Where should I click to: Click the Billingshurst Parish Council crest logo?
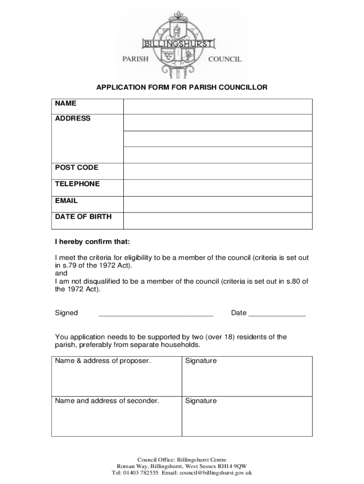pyautogui.click(x=181, y=45)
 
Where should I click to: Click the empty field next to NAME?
pyautogui.click(x=217, y=106)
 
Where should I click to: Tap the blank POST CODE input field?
pyautogui.click(x=217, y=171)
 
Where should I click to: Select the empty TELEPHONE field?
pyautogui.click(x=217, y=188)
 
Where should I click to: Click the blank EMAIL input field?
pyautogui.click(x=217, y=204)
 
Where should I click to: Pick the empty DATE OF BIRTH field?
pyautogui.click(x=217, y=221)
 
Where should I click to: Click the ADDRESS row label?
pyautogui.click(x=73, y=118)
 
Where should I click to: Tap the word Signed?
pyautogui.click(x=67, y=313)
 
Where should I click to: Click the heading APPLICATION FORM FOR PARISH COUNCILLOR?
pyautogui.click(x=182, y=87)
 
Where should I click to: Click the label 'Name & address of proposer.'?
pyautogui.click(x=103, y=361)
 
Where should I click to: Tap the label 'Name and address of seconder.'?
pyautogui.click(x=107, y=401)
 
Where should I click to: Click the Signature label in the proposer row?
pyautogui.click(x=201, y=361)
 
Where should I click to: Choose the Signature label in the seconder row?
pyautogui.click(x=201, y=401)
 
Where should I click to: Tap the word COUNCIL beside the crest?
pyautogui.click(x=225, y=59)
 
